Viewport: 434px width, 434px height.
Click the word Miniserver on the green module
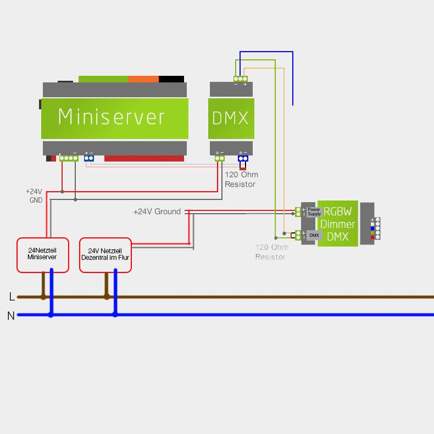[x=112, y=117]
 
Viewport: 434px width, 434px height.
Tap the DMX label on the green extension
[x=231, y=118]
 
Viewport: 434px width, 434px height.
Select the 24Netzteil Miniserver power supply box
[x=42, y=255]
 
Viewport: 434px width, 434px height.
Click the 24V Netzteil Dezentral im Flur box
[x=105, y=255]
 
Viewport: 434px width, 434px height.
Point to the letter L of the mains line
[x=12, y=297]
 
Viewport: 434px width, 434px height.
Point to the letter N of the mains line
[x=11, y=316]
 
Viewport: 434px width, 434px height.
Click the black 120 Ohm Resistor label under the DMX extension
[x=241, y=180]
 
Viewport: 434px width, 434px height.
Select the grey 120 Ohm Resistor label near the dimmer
[x=271, y=252]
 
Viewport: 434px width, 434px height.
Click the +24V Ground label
[x=157, y=212]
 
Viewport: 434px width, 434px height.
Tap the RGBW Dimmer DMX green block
[x=337, y=224]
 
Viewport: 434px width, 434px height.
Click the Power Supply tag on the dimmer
[x=314, y=212]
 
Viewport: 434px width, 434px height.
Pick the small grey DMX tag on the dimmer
[x=314, y=235]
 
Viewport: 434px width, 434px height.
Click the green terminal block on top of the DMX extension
[x=240, y=79]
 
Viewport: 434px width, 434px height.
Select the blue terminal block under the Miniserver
[x=88, y=158]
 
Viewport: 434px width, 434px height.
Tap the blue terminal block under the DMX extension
[x=242, y=159]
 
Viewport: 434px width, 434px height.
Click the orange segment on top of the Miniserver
[x=143, y=79]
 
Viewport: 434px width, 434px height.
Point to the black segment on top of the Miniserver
[x=171, y=79]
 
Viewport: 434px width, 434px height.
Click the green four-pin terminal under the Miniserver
[x=69, y=158]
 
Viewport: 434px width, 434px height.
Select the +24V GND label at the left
[x=34, y=196]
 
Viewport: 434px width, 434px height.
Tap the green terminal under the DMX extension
[x=220, y=158]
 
